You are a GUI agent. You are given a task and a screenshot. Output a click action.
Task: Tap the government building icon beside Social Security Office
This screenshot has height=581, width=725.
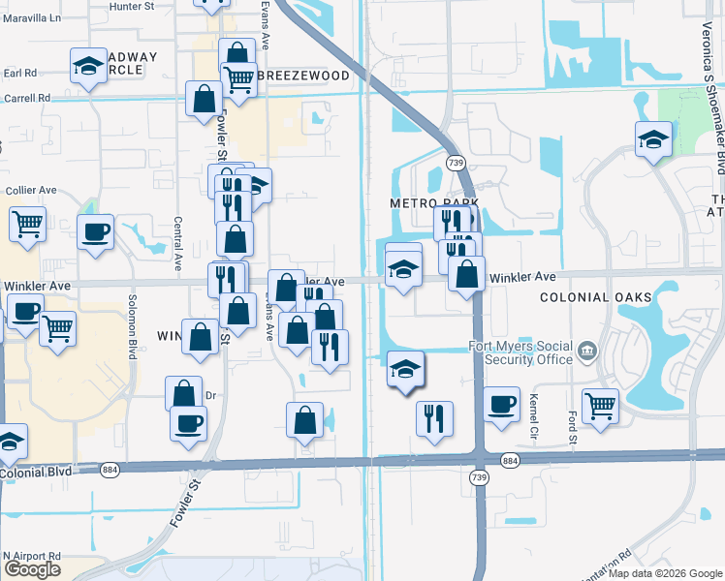pos(586,349)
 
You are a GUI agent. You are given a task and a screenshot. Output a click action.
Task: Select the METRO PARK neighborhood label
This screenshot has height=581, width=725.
pos(422,204)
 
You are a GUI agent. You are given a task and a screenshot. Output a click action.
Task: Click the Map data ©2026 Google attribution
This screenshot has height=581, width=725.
pos(665,573)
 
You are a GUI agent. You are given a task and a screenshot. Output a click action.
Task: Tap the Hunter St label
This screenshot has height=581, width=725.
pos(133,6)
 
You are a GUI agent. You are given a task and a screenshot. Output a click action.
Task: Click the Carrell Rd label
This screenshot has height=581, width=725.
pos(26,98)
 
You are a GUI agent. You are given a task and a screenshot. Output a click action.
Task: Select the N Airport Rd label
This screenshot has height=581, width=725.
pos(31,556)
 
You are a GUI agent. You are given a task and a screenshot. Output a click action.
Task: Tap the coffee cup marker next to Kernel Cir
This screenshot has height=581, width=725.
pos(501,405)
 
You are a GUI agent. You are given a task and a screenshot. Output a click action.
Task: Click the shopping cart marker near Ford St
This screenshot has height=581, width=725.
pos(601,406)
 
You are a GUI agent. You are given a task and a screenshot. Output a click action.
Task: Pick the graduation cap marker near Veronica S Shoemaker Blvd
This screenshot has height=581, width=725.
pos(653,139)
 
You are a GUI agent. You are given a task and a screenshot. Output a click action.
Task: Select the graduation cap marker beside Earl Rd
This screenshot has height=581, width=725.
pos(89,67)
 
